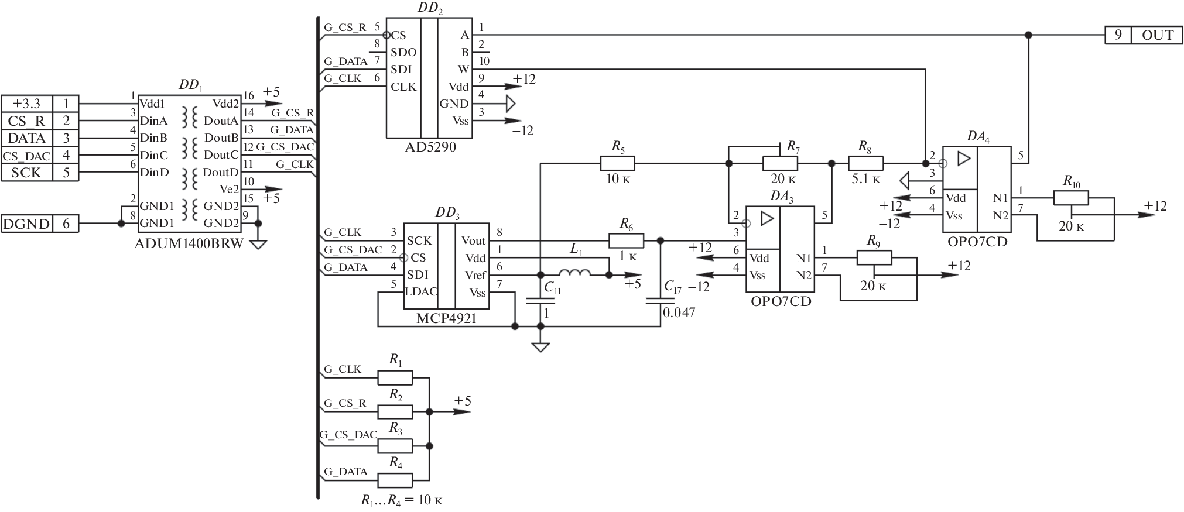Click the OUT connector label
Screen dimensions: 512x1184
(x=1157, y=35)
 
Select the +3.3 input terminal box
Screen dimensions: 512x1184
(x=27, y=104)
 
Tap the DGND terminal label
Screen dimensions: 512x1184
(x=27, y=224)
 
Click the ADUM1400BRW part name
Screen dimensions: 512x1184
(x=189, y=243)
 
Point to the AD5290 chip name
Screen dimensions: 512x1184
(x=430, y=147)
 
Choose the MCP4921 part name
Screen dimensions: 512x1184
(x=446, y=319)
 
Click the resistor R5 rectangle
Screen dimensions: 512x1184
(x=617, y=163)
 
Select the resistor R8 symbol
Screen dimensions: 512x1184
(x=865, y=163)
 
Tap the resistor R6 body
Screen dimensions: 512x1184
(x=626, y=240)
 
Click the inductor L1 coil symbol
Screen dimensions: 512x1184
(x=575, y=273)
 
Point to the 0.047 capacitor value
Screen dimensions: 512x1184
(x=679, y=312)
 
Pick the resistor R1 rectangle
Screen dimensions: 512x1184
(x=395, y=378)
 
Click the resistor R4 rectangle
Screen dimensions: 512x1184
(x=395, y=480)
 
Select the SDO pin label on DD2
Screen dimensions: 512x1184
(x=403, y=53)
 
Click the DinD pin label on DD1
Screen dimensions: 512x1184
(x=153, y=172)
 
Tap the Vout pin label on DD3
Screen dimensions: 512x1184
(x=473, y=240)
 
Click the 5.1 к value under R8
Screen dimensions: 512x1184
(x=865, y=180)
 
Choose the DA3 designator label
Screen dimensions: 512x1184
(x=781, y=197)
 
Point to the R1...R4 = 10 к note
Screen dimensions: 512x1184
(x=401, y=501)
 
